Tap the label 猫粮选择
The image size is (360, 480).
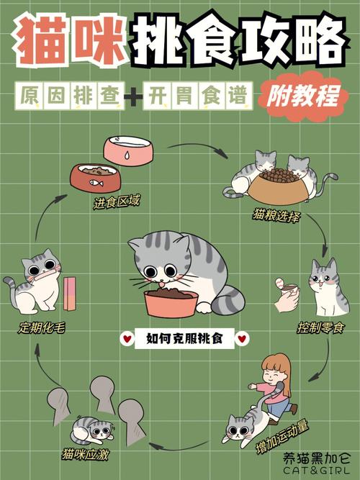click(276, 215)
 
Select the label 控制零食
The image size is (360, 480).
click(320, 328)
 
